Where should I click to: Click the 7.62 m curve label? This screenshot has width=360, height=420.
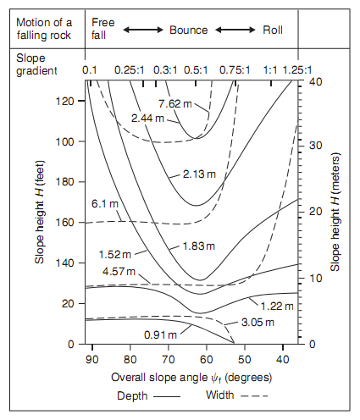(x=175, y=104)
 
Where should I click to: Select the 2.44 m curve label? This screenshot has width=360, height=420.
(x=147, y=118)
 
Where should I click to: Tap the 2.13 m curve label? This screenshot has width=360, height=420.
(x=199, y=174)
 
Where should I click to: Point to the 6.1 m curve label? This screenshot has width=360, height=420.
(x=105, y=203)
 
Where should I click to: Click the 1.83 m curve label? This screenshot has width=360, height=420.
(x=199, y=246)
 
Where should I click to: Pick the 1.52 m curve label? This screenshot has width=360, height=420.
(x=115, y=255)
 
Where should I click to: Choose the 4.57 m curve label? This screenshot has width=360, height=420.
(x=119, y=272)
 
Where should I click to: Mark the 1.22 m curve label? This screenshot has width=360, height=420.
(x=277, y=307)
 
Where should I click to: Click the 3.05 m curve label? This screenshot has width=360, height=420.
(x=258, y=323)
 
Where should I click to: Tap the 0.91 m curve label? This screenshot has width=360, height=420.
(x=160, y=335)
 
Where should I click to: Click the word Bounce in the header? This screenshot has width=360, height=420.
(x=189, y=30)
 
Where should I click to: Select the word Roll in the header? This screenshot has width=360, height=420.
(x=273, y=30)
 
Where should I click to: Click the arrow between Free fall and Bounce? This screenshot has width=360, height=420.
(x=143, y=30)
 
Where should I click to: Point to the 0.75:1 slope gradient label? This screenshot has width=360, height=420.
(x=235, y=70)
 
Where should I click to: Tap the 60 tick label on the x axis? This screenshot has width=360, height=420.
(x=207, y=360)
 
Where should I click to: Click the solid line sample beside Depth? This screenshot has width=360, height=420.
(x=167, y=396)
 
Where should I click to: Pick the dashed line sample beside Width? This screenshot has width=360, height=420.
(x=254, y=396)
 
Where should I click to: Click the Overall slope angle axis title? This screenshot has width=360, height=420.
(x=191, y=378)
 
